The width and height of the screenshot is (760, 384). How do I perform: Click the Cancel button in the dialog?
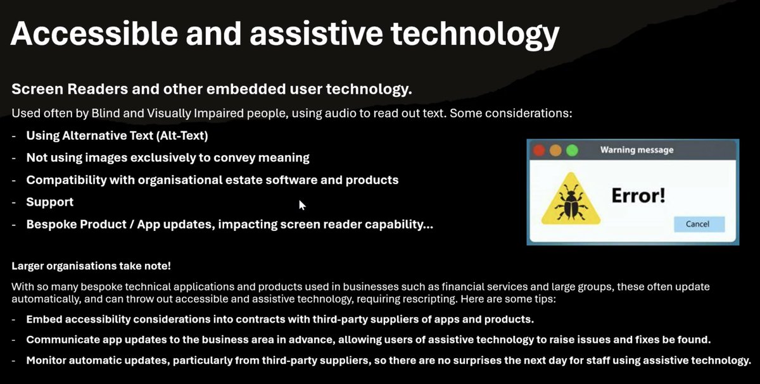pyautogui.click(x=698, y=224)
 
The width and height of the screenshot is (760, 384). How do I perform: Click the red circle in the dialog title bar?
pyautogui.click(x=539, y=151)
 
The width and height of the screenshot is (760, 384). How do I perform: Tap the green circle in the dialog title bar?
pyautogui.click(x=572, y=151)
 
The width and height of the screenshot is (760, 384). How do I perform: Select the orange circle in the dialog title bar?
pyautogui.click(x=555, y=151)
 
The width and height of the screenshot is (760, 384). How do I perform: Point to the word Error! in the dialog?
pyautogui.click(x=638, y=195)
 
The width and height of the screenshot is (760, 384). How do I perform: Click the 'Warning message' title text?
pyautogui.click(x=636, y=150)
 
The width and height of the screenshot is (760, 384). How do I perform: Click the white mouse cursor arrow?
pyautogui.click(x=302, y=204)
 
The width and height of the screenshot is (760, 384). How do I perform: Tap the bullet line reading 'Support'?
pyautogui.click(x=49, y=202)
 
